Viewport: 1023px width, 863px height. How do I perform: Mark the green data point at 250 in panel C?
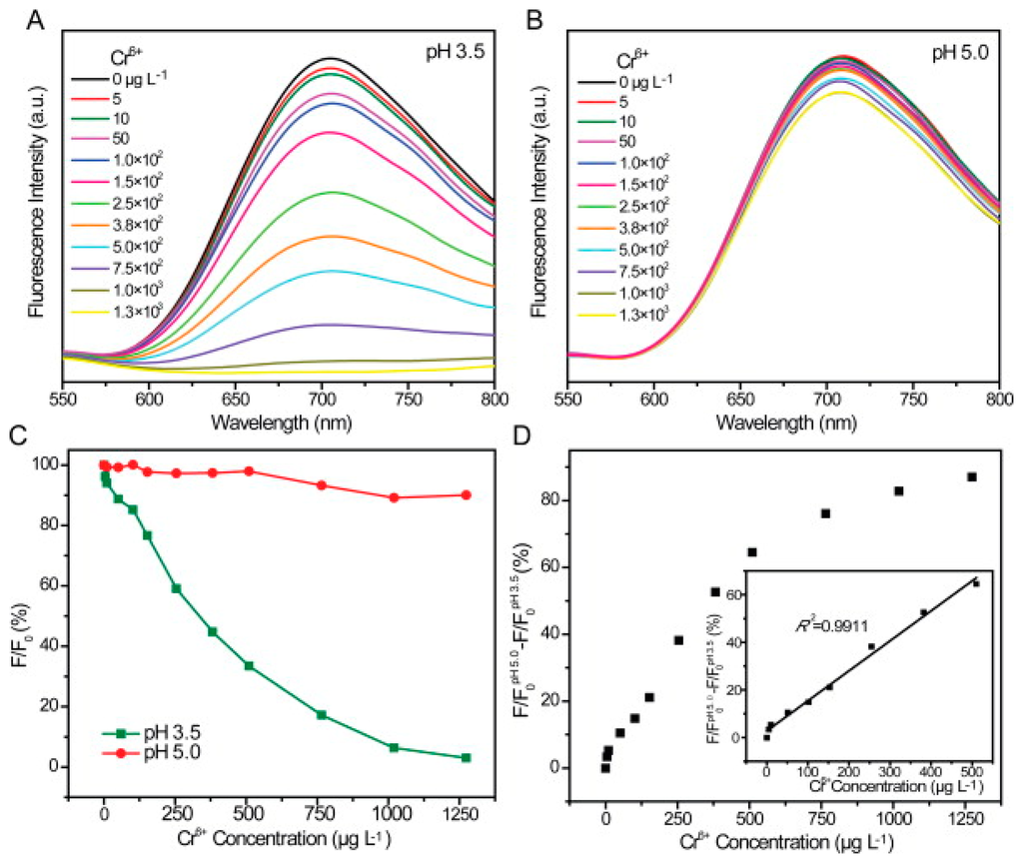pos(176,588)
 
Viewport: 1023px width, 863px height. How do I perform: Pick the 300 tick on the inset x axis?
pos(888,771)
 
